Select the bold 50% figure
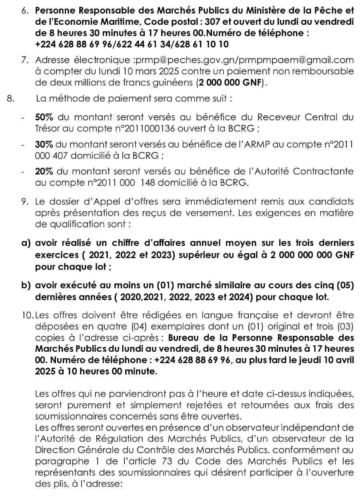(44, 118)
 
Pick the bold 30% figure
(44, 144)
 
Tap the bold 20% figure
(44, 171)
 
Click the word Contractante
(324, 171)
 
